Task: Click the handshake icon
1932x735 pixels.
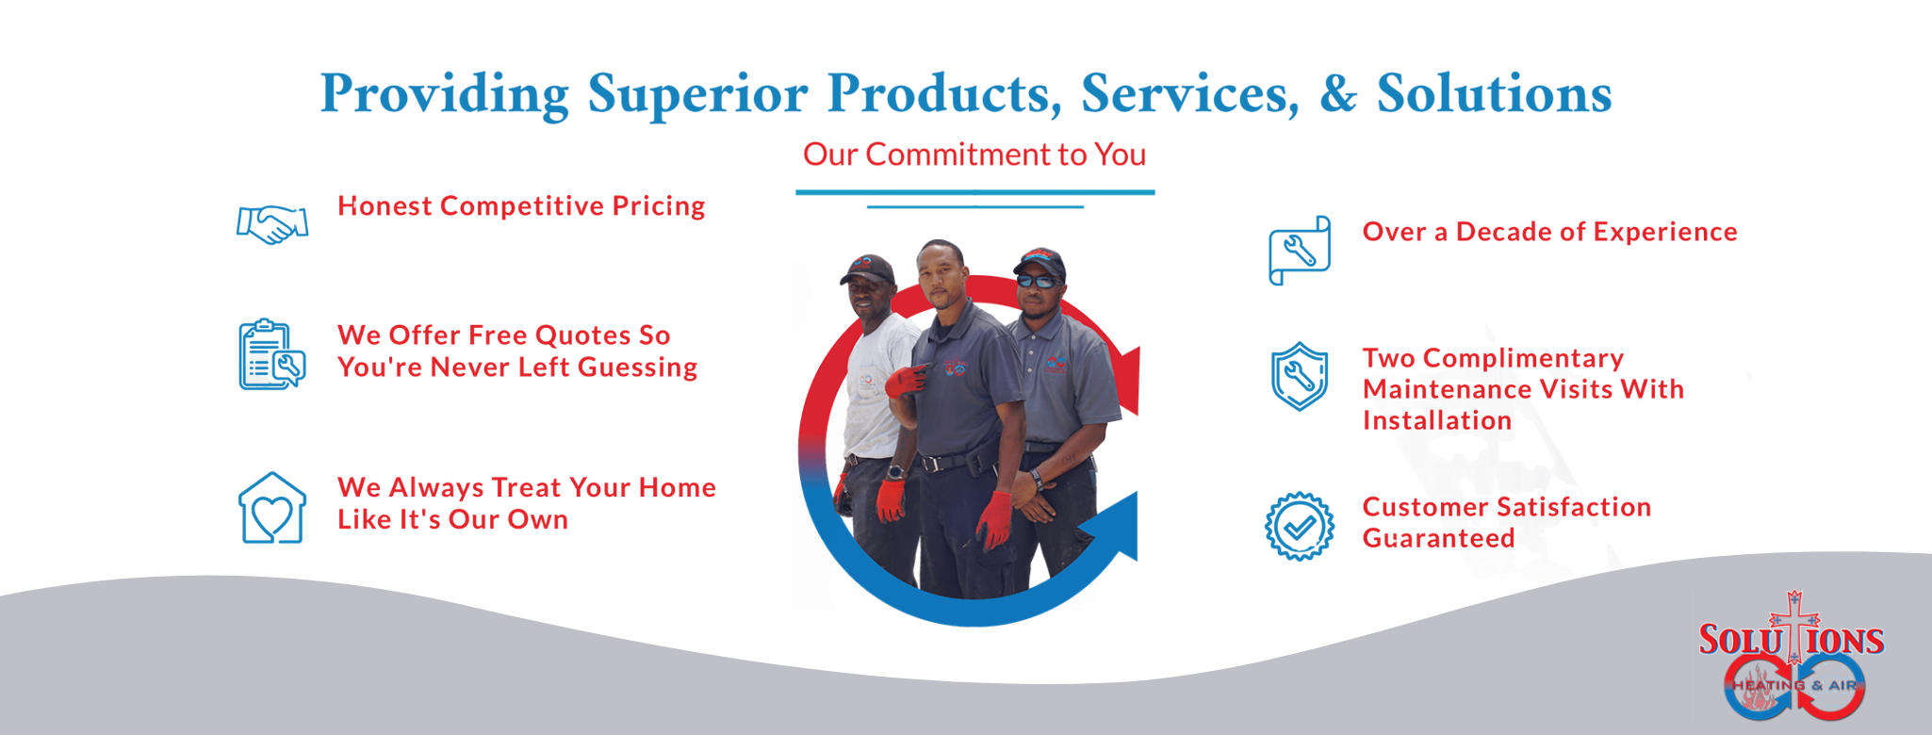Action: point(271,224)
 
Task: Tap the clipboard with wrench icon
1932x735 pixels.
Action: point(271,354)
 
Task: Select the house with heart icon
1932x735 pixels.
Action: point(272,508)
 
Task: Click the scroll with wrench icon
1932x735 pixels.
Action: point(1300,251)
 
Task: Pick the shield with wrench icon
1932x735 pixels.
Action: point(1300,376)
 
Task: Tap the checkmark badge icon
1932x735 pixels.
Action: point(1300,526)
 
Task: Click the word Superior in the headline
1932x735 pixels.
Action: point(697,95)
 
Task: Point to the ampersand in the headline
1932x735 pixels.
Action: point(1338,93)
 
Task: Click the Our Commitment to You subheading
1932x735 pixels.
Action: point(974,155)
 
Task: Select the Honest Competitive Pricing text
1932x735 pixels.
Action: point(521,206)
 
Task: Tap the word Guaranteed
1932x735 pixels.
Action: point(1438,538)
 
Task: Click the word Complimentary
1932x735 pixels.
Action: point(1523,359)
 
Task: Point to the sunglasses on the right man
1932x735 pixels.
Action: point(1038,281)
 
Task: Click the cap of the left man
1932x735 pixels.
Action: point(867,269)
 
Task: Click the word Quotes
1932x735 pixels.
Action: point(583,336)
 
